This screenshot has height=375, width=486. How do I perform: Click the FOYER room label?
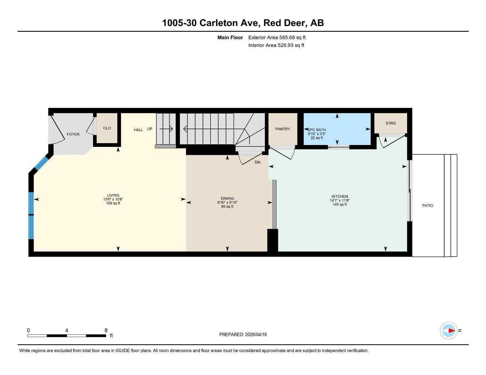73,134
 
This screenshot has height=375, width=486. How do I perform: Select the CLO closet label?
107,128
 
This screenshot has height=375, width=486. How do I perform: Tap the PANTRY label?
282,129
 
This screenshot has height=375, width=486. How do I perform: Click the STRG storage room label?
391,123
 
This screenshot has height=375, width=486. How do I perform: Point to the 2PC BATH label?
317,130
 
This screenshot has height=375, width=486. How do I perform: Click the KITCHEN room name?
340,197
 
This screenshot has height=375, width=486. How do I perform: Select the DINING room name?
227,198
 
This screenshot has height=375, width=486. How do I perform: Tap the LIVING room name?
113,196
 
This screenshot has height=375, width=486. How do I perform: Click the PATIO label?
428,205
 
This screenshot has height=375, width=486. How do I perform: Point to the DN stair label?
257,162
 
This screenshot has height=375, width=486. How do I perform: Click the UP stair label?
150,129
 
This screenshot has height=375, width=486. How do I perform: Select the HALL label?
138,130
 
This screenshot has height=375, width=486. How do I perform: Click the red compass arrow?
451,331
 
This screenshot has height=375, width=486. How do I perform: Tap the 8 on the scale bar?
106,330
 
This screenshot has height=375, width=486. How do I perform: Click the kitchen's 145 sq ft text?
340,205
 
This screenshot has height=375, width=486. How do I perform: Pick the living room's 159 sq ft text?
113,204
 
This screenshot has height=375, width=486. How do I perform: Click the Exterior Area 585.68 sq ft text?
277,37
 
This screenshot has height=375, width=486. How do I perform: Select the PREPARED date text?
243,334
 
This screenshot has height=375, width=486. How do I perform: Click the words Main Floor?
230,37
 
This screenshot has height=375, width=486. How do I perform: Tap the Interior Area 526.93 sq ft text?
276,45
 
